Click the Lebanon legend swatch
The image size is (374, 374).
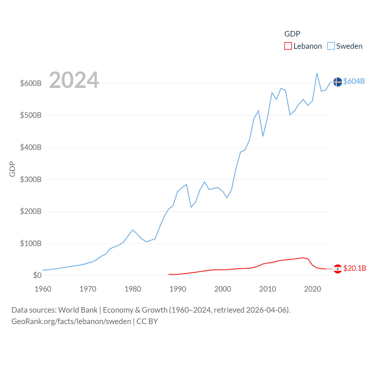coord(288,46)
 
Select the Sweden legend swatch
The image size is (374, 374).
coord(331,46)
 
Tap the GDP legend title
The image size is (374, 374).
coord(292,34)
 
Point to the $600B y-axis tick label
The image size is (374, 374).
coord(31,83)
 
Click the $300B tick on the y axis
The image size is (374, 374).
coord(31,179)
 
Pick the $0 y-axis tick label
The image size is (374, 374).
coord(37,275)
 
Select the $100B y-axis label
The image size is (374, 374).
coord(31,243)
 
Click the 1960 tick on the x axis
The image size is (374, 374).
coord(43,289)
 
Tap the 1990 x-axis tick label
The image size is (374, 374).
coord(178,289)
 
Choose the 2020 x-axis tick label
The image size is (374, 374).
coord(313,289)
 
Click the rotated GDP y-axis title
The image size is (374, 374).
coord(12,169)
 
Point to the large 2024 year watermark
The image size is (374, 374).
coord(74,80)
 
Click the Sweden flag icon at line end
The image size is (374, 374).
coord(338,82)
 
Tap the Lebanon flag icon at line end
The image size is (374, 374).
coord(338,269)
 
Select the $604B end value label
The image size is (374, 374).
coord(354,81)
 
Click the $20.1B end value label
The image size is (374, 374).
coord(355,268)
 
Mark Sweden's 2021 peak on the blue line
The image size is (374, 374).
coord(317,73)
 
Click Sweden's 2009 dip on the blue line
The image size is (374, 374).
coord(263,136)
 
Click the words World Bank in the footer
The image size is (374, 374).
coord(78,310)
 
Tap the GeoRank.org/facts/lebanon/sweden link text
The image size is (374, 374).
coord(71,321)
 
